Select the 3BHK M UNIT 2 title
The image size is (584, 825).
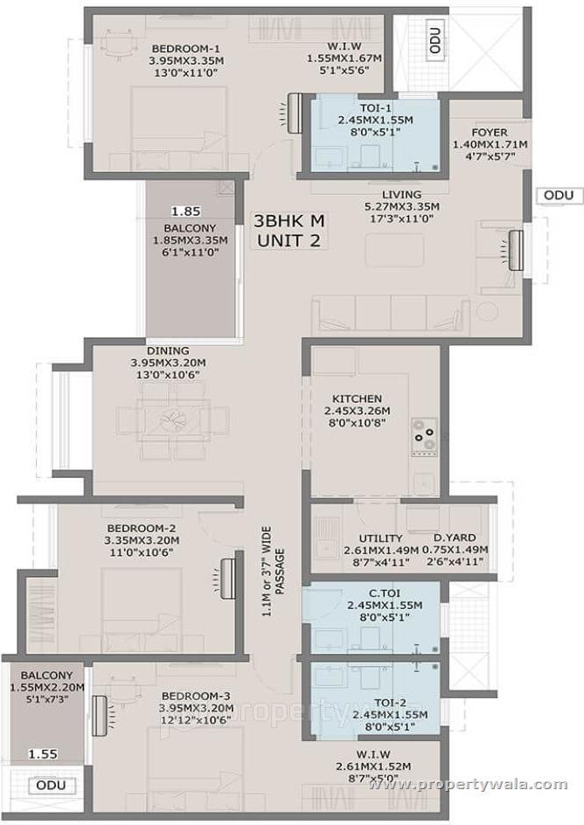(x=289, y=230)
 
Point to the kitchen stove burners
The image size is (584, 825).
(x=424, y=433)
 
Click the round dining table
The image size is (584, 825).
(x=173, y=420)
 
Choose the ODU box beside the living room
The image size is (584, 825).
(x=557, y=195)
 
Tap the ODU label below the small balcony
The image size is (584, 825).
(x=45, y=786)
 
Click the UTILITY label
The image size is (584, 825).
(x=380, y=537)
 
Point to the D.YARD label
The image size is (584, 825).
(x=455, y=537)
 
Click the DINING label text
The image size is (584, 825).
(x=168, y=351)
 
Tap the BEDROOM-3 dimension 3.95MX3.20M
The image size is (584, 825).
(x=196, y=708)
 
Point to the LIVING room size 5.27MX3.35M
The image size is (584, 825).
(x=401, y=206)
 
